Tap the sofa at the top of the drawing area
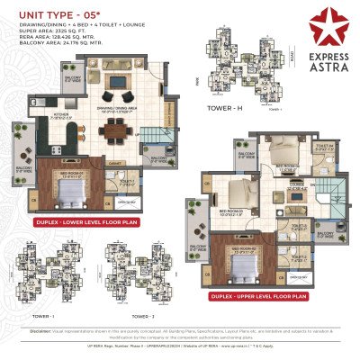pos(118,94)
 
